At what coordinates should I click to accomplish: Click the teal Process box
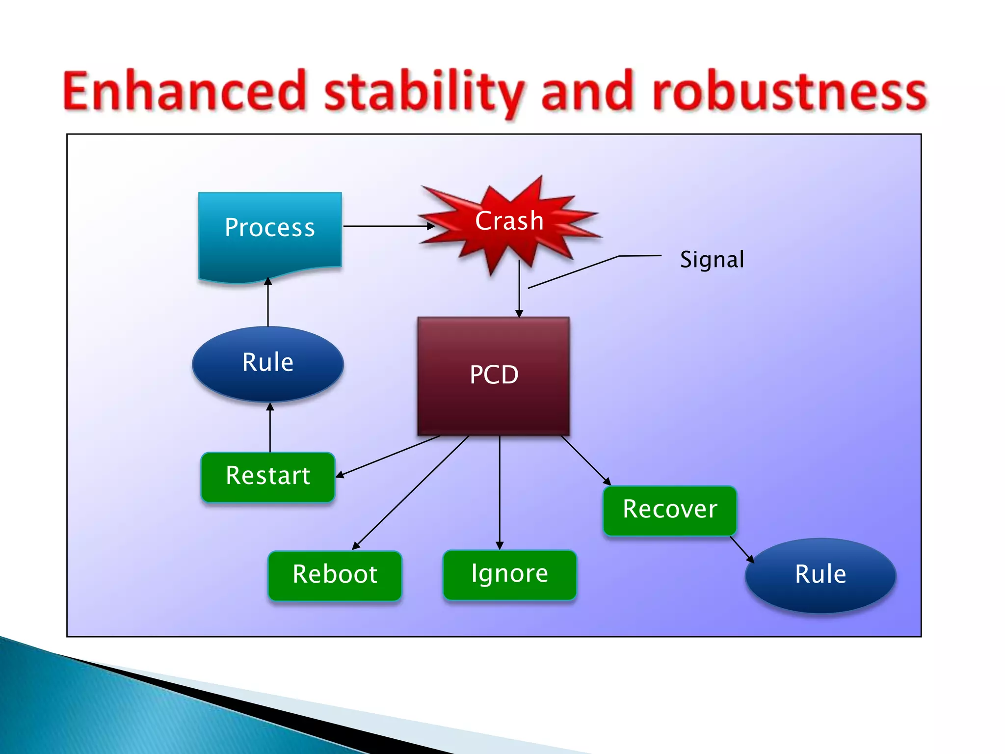tap(270, 231)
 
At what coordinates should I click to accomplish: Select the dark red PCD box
tap(494, 376)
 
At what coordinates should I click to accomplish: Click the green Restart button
tap(268, 477)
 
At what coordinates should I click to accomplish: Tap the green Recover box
tap(670, 510)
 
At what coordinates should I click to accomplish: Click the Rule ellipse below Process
tap(268, 364)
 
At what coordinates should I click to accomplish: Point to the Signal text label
tap(712, 260)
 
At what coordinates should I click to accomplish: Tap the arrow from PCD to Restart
tap(388, 456)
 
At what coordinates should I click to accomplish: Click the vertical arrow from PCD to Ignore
tap(500, 491)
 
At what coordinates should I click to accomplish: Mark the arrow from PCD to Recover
tap(585, 459)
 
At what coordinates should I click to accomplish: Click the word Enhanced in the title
tap(185, 91)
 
